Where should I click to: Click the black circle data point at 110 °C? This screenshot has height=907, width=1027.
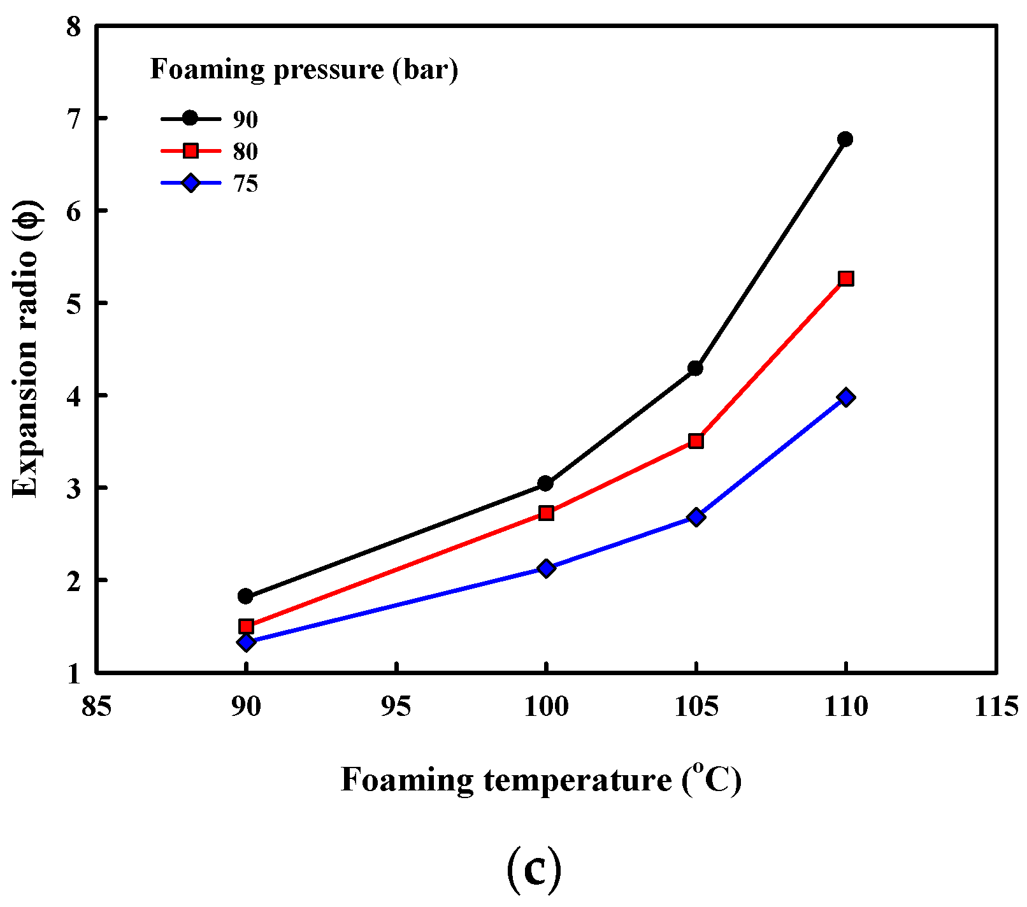point(845,139)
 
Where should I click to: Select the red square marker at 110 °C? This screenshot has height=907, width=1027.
point(846,278)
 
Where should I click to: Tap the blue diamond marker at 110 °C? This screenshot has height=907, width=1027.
point(846,397)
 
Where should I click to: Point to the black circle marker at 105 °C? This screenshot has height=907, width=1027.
point(696,368)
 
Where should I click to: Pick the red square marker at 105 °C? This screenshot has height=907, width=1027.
point(696,441)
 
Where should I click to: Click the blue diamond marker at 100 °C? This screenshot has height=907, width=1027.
point(546,568)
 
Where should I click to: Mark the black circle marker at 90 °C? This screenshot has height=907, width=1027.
point(245,596)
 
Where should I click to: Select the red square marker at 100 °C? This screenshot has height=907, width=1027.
point(546,513)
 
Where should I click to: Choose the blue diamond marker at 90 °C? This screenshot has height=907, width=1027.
point(247,642)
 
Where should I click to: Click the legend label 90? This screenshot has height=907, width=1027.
point(245,119)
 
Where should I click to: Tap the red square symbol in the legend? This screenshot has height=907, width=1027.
point(190,151)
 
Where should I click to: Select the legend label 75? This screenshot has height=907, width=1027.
point(245,184)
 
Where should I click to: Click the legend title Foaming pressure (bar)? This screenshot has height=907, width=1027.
point(304,69)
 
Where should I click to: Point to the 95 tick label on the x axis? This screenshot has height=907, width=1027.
point(396,707)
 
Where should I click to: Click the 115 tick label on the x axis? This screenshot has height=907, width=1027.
point(996,707)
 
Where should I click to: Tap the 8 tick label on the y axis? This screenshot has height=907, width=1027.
point(73,27)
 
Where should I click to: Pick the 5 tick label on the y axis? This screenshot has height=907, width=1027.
point(73,303)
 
